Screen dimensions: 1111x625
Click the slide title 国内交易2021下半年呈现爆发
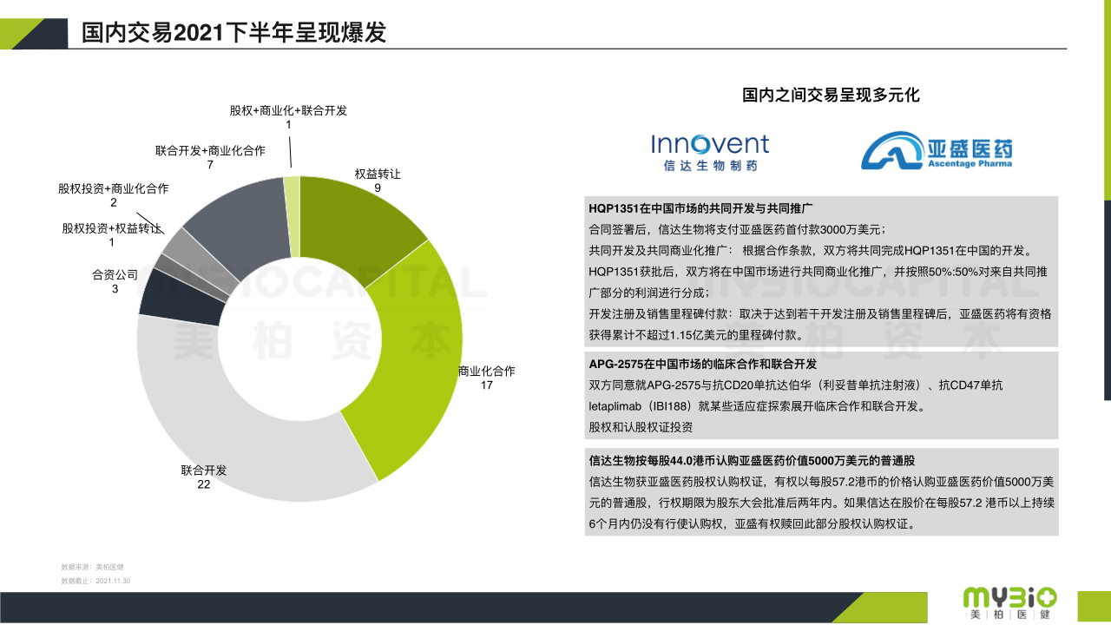pos(233,33)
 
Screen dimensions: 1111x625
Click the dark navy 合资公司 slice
pos(181,300)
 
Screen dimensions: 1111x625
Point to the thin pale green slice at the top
pos(293,216)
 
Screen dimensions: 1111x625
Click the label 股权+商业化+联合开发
pos(288,110)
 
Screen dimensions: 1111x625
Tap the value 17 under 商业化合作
pos(487,385)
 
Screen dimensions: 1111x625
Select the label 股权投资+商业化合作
pos(114,188)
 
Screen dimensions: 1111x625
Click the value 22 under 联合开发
pos(204,484)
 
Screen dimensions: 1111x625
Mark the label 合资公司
pos(115,275)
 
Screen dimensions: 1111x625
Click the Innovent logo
pos(710,152)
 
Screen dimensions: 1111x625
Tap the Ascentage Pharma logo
pos(937,150)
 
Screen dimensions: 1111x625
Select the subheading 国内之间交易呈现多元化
pos(831,95)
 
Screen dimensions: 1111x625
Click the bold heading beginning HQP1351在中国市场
pos(700,208)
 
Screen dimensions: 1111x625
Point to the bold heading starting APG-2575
pos(702,364)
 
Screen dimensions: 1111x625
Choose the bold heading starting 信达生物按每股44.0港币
pos(752,461)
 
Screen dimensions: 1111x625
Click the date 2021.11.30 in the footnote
pos(113,581)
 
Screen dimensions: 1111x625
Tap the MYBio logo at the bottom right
pos(1009,603)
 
